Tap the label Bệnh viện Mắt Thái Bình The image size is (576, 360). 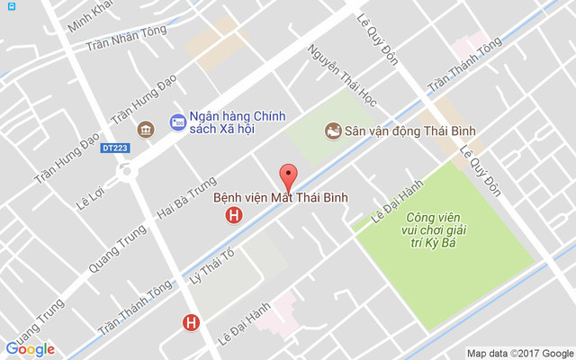pyautogui.click(x=280, y=197)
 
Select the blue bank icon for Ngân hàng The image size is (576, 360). pyautogui.click(x=176, y=119)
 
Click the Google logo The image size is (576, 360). pyautogui.click(x=30, y=349)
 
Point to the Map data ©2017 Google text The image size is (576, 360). pyautogui.click(x=519, y=353)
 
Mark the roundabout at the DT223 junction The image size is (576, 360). pyautogui.click(x=125, y=170)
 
